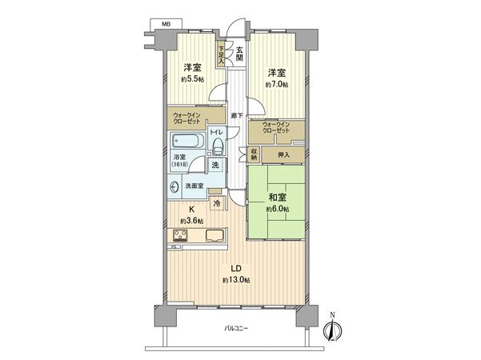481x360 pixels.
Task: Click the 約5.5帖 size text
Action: point(192,81)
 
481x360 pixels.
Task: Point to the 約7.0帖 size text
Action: point(278,81)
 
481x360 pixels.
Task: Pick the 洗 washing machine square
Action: point(214,165)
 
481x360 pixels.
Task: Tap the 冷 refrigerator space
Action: point(217,203)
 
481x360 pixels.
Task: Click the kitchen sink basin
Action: point(215,236)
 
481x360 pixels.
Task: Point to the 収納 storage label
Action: point(253,153)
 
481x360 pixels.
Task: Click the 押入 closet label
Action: point(283,153)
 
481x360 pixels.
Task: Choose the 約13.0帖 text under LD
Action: point(238,280)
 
